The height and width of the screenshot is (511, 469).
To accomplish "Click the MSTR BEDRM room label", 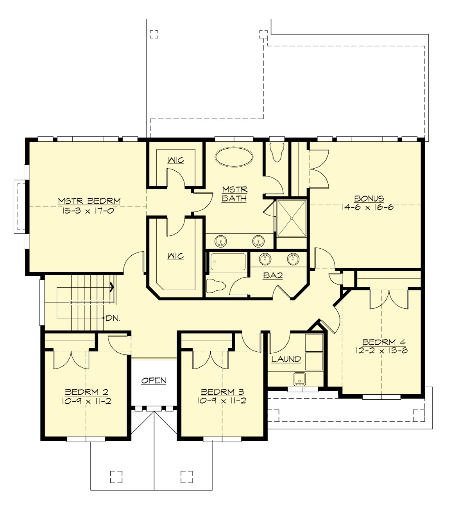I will (x=89, y=201).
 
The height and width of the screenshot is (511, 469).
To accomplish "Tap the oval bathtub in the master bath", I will (x=233, y=158).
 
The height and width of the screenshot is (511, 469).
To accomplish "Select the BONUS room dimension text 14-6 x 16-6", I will (x=367, y=207).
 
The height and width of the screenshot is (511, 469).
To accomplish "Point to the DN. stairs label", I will (x=113, y=318).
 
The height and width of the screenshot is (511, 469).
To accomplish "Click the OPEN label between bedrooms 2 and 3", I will (x=154, y=380).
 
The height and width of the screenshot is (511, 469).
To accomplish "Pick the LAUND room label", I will (x=286, y=359).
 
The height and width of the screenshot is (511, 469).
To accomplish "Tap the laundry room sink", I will (x=300, y=379).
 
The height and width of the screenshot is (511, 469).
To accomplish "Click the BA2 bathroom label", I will (x=273, y=275).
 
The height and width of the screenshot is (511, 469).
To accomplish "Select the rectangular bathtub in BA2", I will (x=228, y=262).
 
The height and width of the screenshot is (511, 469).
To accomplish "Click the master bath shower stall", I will (x=292, y=218).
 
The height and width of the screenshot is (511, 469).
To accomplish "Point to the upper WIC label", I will (x=176, y=160).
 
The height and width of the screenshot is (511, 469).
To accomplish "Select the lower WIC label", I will (x=175, y=256).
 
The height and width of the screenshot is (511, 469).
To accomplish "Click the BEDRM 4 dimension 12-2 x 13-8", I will (x=382, y=350).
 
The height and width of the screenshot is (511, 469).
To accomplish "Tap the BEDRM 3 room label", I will (x=222, y=392).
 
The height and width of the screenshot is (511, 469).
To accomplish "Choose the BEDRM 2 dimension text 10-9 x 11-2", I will (x=86, y=401).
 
